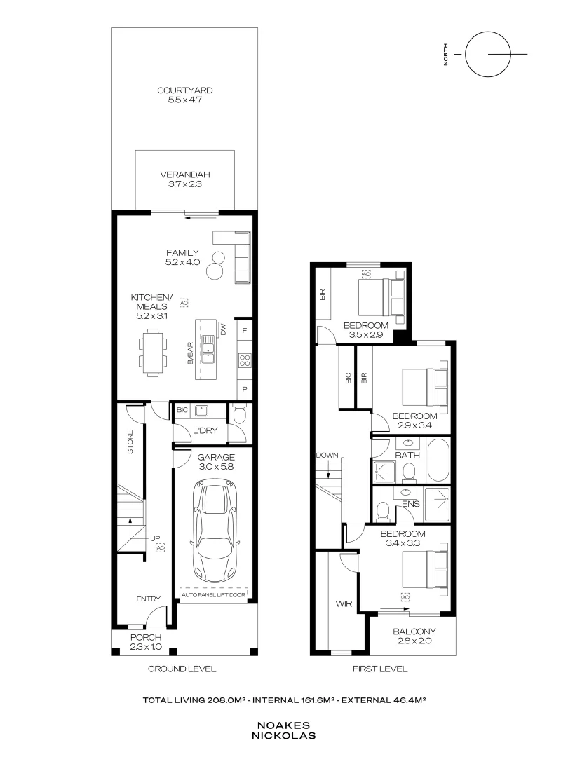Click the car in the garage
tap(218, 529)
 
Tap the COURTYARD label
tap(185, 91)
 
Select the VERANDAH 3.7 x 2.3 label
tap(185, 179)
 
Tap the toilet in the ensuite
tap(383, 511)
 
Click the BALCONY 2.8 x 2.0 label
tap(414, 636)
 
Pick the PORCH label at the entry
tap(146, 642)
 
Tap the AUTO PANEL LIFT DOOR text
tap(215, 596)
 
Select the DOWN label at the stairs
tap(327, 456)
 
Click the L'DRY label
tap(203, 430)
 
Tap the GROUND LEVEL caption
tap(181, 669)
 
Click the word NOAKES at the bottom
tap(283, 727)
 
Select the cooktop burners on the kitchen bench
tap(245, 360)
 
